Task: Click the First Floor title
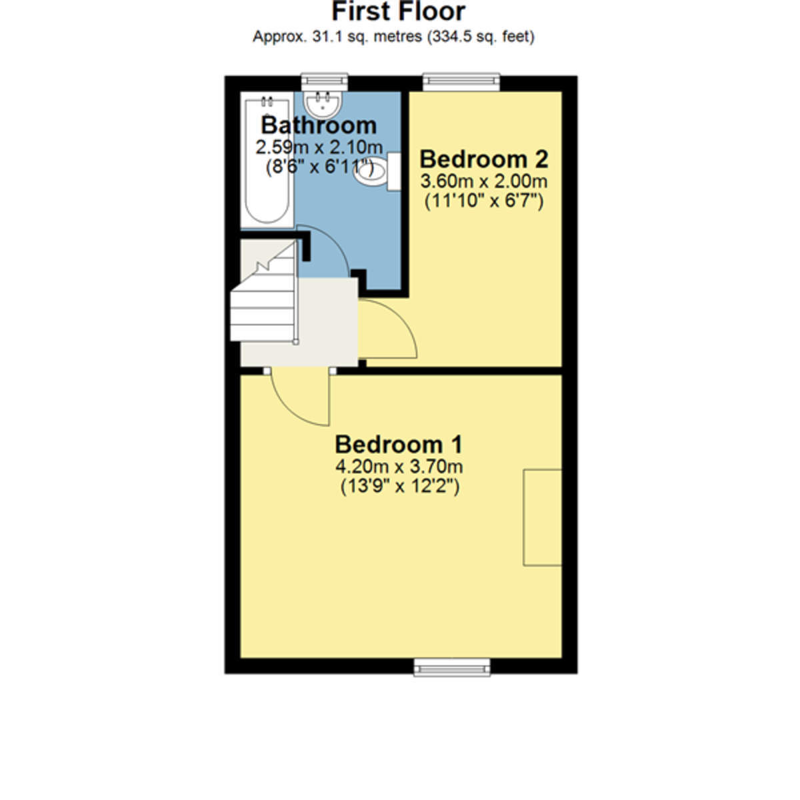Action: [398, 11]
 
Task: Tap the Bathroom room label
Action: [319, 125]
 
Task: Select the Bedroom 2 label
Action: [483, 159]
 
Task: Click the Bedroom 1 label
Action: [399, 444]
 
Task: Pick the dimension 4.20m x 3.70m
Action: [399, 467]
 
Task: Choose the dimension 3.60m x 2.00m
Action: [483, 181]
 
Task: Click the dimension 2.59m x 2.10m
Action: [319, 147]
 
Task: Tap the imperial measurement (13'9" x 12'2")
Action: [400, 486]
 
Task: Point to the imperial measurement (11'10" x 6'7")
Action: [483, 201]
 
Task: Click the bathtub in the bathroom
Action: [267, 160]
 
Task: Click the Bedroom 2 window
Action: [461, 82]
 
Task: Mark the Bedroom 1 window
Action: [452, 667]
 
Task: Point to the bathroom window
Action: [324, 82]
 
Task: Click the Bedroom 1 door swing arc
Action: [291, 411]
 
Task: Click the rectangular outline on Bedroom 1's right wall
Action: [542, 517]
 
